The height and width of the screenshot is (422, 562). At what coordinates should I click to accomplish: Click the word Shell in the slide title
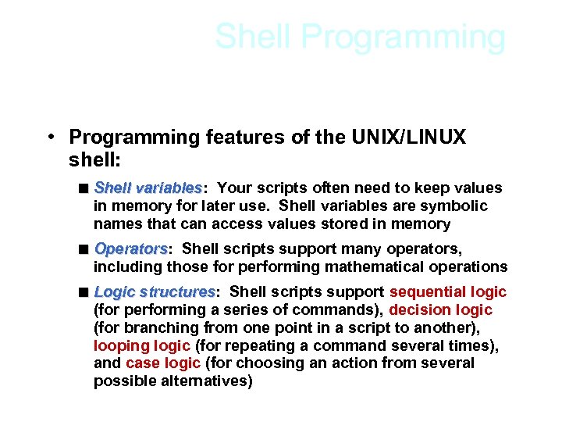click(x=254, y=37)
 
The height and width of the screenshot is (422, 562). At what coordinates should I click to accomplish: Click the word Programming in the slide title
click(x=404, y=37)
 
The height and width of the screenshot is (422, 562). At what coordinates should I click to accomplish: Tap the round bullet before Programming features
click(x=49, y=138)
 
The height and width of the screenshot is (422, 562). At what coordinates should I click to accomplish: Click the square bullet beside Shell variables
click(x=83, y=188)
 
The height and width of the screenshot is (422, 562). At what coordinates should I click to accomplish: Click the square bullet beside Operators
click(x=83, y=249)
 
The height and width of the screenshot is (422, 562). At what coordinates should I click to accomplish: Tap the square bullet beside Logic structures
click(x=83, y=292)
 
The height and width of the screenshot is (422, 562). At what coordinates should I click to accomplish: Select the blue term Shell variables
click(x=148, y=188)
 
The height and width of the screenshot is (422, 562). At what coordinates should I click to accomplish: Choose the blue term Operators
click(x=130, y=249)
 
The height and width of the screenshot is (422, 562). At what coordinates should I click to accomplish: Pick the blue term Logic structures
click(x=155, y=292)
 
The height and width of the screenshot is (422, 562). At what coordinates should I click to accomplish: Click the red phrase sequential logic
click(x=448, y=292)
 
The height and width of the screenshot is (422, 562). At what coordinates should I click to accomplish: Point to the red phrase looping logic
click(x=142, y=345)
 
